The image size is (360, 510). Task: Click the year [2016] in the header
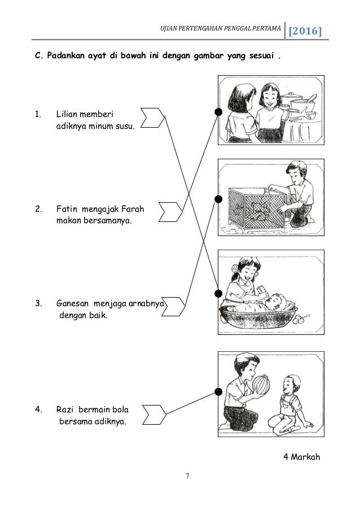pyautogui.click(x=305, y=31)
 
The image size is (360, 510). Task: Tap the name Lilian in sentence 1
pyautogui.click(x=67, y=114)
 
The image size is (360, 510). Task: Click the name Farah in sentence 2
pyautogui.click(x=133, y=209)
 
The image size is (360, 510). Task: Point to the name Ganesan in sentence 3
pyautogui.click(x=72, y=303)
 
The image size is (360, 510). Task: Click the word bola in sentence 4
pyautogui.click(x=120, y=409)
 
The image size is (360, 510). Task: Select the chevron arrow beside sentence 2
pyautogui.click(x=170, y=212)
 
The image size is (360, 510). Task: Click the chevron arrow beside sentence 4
pyautogui.click(x=155, y=415)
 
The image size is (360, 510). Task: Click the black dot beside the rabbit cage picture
pyautogui.click(x=219, y=199)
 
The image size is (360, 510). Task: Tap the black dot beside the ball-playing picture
pyautogui.click(x=219, y=391)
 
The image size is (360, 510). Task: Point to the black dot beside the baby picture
pyautogui.click(x=219, y=294)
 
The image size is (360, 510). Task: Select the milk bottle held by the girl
pyautogui.click(x=262, y=291)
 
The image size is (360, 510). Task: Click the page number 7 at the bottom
pyautogui.click(x=187, y=476)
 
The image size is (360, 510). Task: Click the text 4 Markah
pyautogui.click(x=302, y=457)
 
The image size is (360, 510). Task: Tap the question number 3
pyautogui.click(x=38, y=303)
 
